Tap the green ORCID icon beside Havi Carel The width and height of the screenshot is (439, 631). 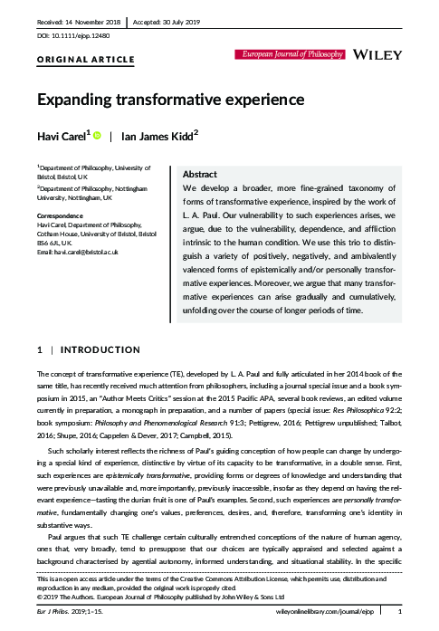click(x=97, y=136)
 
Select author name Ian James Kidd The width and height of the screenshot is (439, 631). click(x=162, y=137)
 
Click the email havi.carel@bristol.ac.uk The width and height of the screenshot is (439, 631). click(x=86, y=250)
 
